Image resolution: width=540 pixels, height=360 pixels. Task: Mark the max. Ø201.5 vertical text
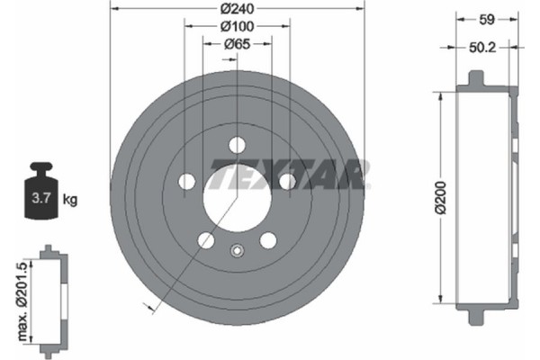tap(19, 297)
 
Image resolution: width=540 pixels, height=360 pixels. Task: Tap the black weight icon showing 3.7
tap(41, 194)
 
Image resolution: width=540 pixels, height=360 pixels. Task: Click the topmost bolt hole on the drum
tap(237, 144)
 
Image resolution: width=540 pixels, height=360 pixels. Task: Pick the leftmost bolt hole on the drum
tap(187, 182)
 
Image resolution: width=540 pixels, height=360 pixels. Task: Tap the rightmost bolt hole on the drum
tap(287, 182)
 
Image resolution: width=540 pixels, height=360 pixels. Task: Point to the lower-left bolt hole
tap(206, 239)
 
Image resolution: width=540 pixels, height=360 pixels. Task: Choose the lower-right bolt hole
tap(268, 239)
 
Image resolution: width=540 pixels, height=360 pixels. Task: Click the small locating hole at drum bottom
tap(237, 251)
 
